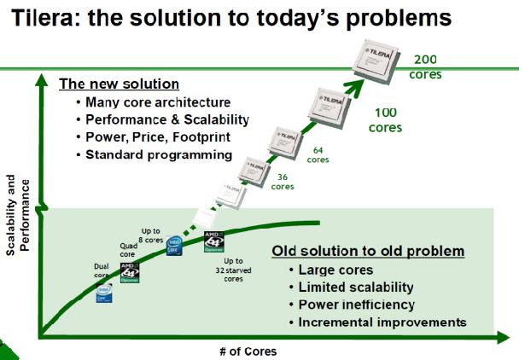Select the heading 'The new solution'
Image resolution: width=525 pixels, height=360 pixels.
pos(119,84)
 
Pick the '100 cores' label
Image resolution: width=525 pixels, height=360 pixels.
pos(385,119)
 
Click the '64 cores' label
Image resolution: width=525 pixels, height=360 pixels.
pos(318,154)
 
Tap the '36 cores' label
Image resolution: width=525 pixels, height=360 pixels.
pos(284,182)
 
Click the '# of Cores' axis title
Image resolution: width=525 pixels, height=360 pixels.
pos(248,351)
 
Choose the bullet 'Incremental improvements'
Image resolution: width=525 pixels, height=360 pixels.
pos(382,322)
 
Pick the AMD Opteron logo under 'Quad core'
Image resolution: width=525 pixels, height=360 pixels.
pos(130,272)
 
